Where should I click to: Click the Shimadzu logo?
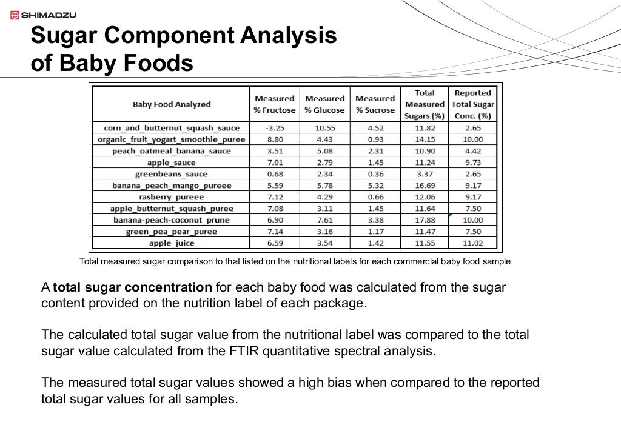coord(41,15)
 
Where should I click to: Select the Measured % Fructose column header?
coord(274,104)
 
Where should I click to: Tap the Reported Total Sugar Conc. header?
coord(472,104)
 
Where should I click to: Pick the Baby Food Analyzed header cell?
coord(172,104)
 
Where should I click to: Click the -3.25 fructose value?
coord(274,128)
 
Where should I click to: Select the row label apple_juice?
coord(172,243)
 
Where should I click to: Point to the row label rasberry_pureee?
coord(172,197)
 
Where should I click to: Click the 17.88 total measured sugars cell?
coord(425,220)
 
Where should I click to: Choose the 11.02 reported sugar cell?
coord(472,243)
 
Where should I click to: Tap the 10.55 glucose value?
coord(324,128)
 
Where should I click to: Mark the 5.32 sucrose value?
coord(375,186)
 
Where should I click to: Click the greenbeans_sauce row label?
coord(172,174)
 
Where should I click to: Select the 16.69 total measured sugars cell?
coord(425,186)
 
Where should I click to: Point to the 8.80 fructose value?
coord(274,139)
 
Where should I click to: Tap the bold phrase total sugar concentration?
coord(132,287)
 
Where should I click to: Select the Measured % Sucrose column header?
coord(375,104)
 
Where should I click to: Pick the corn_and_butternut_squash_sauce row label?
coord(172,128)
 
